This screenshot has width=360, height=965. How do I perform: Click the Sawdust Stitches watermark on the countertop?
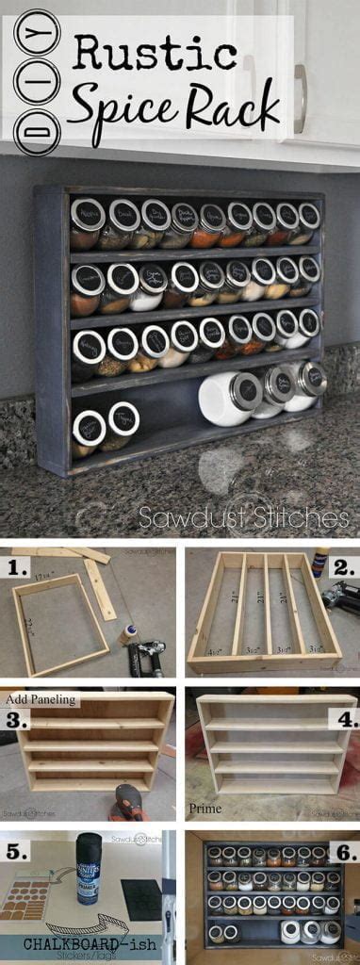coord(243,517)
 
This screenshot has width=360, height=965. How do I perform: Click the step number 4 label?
coord(344,721)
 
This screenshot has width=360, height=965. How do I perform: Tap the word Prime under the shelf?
coord(205,809)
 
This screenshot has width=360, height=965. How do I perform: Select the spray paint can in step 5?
coord(90,867)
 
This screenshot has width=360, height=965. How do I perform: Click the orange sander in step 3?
coord(129,803)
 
